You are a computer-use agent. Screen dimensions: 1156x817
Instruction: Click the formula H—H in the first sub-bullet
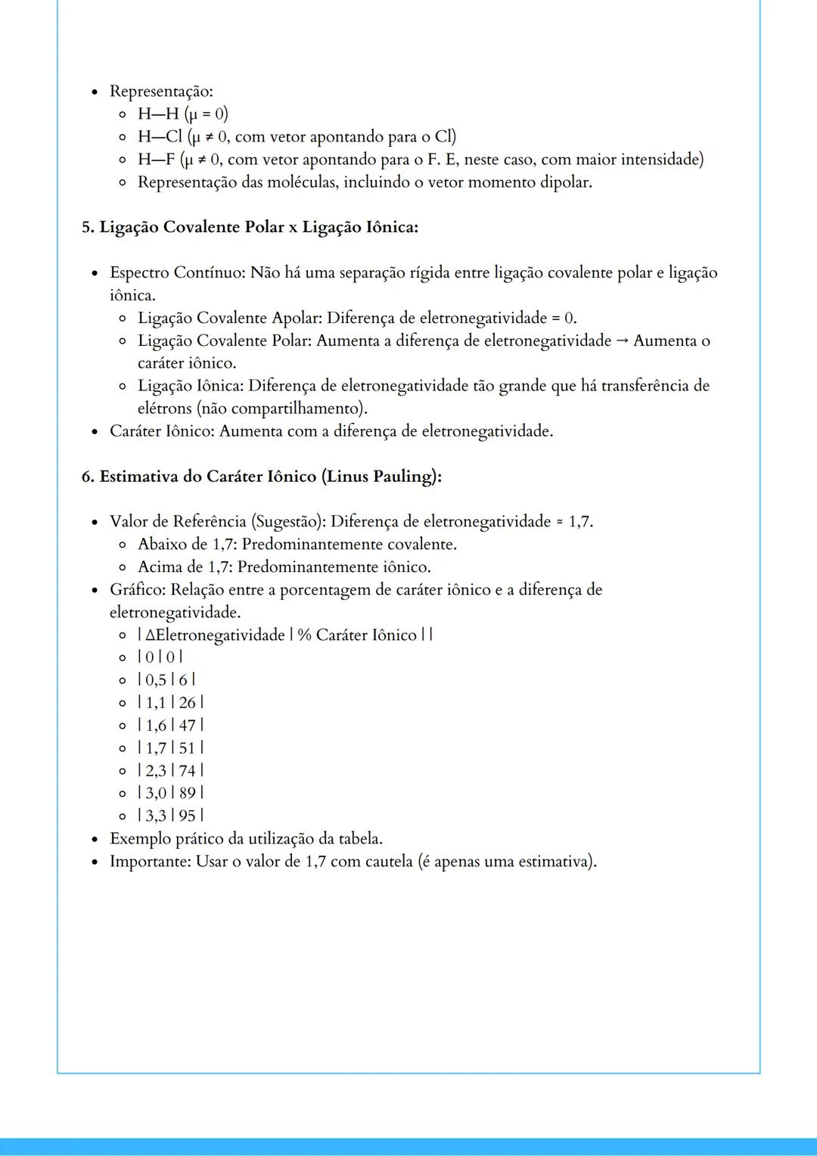[x=158, y=114]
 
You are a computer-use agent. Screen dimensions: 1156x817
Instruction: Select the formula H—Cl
[x=160, y=137]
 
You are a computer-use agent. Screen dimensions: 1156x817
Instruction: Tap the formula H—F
[x=157, y=160]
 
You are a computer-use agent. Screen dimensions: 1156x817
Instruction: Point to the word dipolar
[x=564, y=182]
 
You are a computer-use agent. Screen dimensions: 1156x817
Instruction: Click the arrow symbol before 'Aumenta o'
[x=622, y=340]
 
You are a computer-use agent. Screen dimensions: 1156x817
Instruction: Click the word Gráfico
[x=137, y=590]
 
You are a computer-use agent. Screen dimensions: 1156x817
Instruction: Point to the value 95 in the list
[x=188, y=816]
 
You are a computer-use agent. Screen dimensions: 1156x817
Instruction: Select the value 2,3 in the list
[x=156, y=771]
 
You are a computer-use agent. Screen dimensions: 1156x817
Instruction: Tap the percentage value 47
[x=188, y=726]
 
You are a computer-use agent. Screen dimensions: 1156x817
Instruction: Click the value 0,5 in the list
[x=156, y=680]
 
